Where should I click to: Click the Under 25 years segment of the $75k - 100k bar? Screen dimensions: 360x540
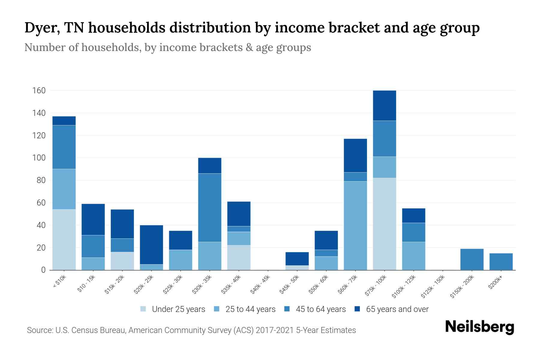384,224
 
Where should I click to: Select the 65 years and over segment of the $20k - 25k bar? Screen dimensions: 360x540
151,244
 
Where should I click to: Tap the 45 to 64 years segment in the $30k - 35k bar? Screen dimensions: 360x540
210,208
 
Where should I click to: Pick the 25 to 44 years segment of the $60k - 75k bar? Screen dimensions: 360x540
355,226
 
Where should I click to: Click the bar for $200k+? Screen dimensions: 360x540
501,262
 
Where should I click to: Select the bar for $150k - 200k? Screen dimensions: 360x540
472,259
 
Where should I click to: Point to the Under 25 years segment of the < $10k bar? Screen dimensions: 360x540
64,239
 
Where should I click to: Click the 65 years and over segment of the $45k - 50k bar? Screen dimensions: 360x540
297,259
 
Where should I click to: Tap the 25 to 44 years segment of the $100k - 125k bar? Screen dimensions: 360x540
413,256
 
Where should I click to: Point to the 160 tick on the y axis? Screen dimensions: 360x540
39,91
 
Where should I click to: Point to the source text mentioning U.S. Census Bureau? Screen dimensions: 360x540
191,330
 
